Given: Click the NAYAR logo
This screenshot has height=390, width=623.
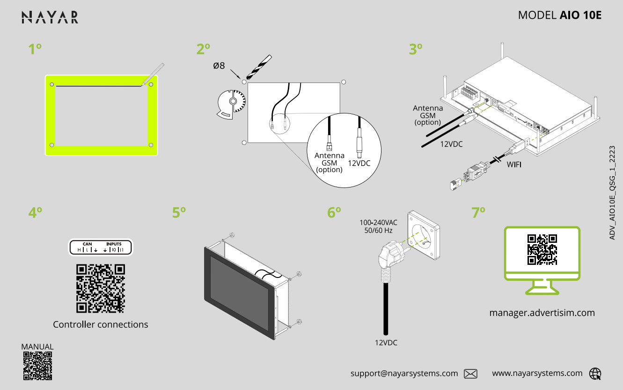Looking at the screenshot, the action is point(50,17).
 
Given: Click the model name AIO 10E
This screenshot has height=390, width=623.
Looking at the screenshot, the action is point(580,15).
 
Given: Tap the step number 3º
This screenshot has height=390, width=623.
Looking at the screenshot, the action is point(416,49).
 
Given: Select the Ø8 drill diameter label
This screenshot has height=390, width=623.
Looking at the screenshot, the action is point(219,66).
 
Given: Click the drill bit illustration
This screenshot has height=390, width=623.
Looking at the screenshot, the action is point(259,67).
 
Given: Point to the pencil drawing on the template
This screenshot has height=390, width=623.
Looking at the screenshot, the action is point(153,74).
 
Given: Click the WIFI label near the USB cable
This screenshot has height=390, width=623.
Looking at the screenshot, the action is point(514,165).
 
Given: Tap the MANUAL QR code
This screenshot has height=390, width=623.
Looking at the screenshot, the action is point(37,366).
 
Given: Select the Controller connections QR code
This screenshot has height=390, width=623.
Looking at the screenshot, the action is point(101,289).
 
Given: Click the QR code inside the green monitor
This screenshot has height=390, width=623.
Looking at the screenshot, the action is point(542,249).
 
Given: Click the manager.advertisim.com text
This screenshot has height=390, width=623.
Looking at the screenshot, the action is point(542,313).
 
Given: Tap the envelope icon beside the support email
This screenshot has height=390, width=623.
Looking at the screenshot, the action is point(470,374).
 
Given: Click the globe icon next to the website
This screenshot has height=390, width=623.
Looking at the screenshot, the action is point(595,374).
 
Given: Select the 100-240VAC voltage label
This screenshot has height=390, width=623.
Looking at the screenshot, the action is point(378,223).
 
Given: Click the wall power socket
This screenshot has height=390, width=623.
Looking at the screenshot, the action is point(424,235).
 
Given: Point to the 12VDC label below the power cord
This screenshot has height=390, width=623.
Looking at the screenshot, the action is point(386,343).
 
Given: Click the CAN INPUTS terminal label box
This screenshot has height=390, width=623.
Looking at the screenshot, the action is point(101,247).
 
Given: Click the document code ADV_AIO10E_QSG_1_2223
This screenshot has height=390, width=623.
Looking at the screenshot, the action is point(612,193).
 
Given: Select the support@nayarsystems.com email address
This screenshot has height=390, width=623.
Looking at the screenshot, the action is point(404,374).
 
